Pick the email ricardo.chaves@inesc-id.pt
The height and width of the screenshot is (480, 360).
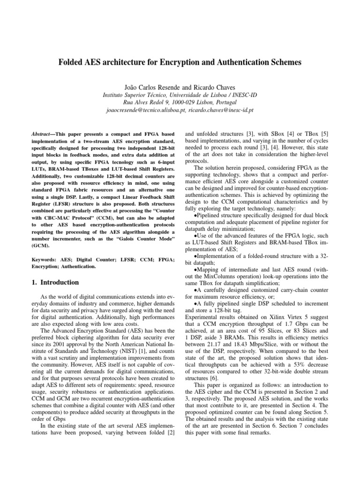[218, 110]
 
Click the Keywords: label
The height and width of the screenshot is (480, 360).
[45, 259]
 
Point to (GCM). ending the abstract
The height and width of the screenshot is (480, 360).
[42, 245]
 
